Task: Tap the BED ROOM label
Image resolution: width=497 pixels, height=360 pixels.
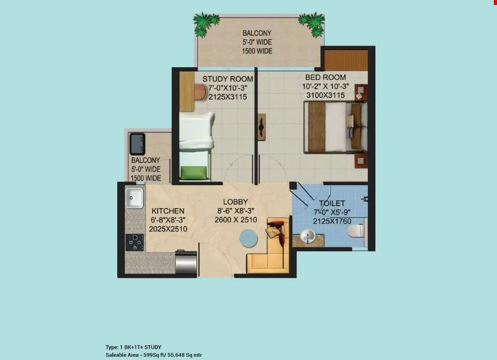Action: coord(325,77)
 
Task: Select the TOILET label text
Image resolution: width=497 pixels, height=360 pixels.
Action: coord(332,204)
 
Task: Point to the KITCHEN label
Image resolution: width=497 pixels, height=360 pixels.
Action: coord(168,211)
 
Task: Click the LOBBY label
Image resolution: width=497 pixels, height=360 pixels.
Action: coord(235,202)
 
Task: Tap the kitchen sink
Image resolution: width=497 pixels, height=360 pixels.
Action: coord(135,198)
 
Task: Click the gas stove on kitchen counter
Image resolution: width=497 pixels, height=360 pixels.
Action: coord(135,242)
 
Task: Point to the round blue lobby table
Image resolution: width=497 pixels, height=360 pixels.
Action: coord(249,237)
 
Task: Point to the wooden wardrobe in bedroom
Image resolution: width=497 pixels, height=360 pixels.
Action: coord(345,60)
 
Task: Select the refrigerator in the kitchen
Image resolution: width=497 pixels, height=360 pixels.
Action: coord(186,263)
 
